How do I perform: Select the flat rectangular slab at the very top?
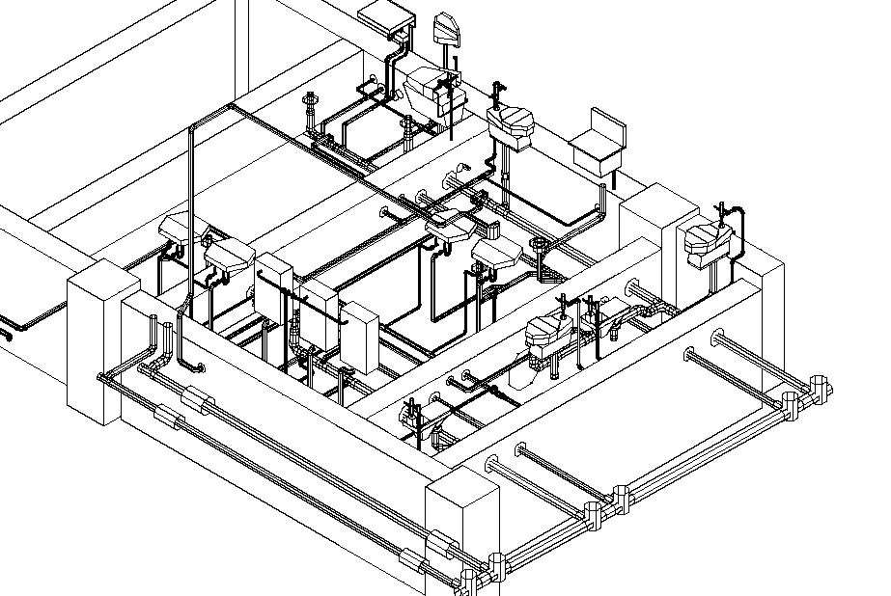pos(384,15)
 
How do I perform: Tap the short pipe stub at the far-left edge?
pos(5,336)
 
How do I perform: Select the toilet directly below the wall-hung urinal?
pos(425,89)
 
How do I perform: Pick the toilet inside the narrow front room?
pos(548,333)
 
